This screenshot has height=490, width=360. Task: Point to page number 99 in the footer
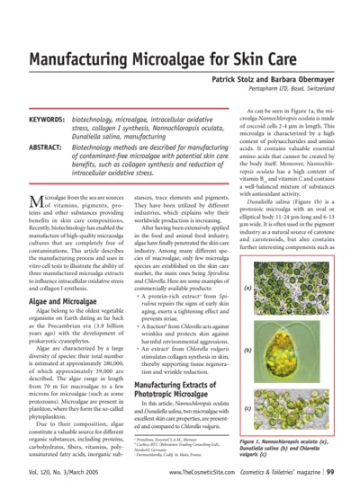(x=330, y=471)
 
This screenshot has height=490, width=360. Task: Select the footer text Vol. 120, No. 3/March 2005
(x=68, y=471)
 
